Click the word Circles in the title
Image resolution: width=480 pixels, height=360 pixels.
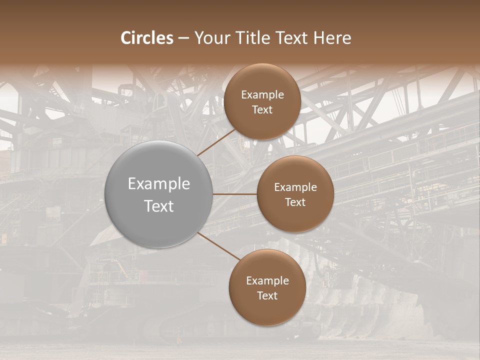click(x=147, y=38)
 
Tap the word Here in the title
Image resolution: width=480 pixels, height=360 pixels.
click(x=332, y=38)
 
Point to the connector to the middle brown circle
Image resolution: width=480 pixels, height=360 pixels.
click(x=235, y=194)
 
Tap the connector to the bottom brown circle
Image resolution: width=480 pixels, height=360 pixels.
click(x=218, y=245)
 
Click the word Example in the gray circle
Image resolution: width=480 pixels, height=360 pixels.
click(x=159, y=183)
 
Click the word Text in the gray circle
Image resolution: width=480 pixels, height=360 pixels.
click(x=159, y=206)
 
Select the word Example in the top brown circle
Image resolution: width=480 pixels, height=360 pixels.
click(x=262, y=94)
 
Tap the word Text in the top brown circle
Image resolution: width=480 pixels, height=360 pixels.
click(x=262, y=109)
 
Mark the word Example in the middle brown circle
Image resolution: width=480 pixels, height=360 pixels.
click(x=295, y=187)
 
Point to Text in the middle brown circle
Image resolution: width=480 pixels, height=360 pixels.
click(x=295, y=202)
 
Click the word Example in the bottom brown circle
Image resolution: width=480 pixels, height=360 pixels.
click(x=267, y=280)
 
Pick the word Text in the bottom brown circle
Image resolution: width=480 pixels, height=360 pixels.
click(x=267, y=295)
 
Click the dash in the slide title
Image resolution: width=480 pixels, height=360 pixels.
click(x=183, y=38)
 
